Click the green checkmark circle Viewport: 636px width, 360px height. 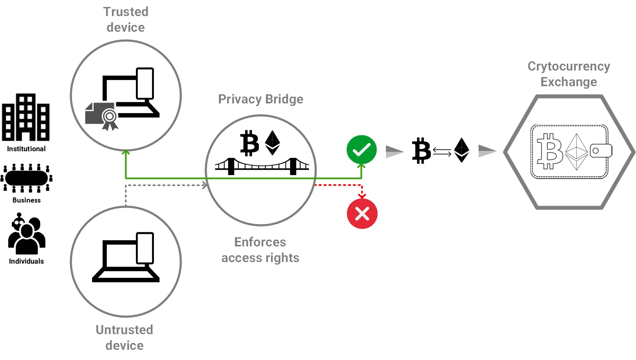click(361, 150)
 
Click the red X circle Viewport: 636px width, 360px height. click(362, 214)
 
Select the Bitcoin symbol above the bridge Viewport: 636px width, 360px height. click(249, 143)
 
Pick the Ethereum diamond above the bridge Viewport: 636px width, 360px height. click(273, 143)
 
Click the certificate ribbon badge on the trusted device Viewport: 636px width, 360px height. click(109, 118)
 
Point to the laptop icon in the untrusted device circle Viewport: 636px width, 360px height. click(126, 257)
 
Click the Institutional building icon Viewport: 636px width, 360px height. click(26, 117)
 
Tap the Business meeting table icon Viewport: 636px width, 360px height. click(26, 178)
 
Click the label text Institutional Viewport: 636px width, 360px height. click(26, 149)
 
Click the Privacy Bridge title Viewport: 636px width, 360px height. click(260, 99)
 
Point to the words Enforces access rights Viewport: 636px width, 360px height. click(260, 250)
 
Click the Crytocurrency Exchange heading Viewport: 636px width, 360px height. click(569, 74)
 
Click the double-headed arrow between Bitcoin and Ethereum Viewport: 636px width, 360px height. click(442, 152)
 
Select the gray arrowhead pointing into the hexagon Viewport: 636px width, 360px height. click(487, 151)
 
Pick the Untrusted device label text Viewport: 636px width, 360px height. click(125, 337)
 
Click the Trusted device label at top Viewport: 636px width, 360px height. click(126, 20)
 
